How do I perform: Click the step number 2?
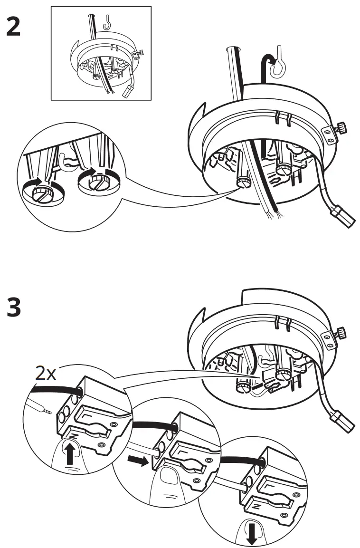pos(13,28)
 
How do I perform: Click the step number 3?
pos(14,308)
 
